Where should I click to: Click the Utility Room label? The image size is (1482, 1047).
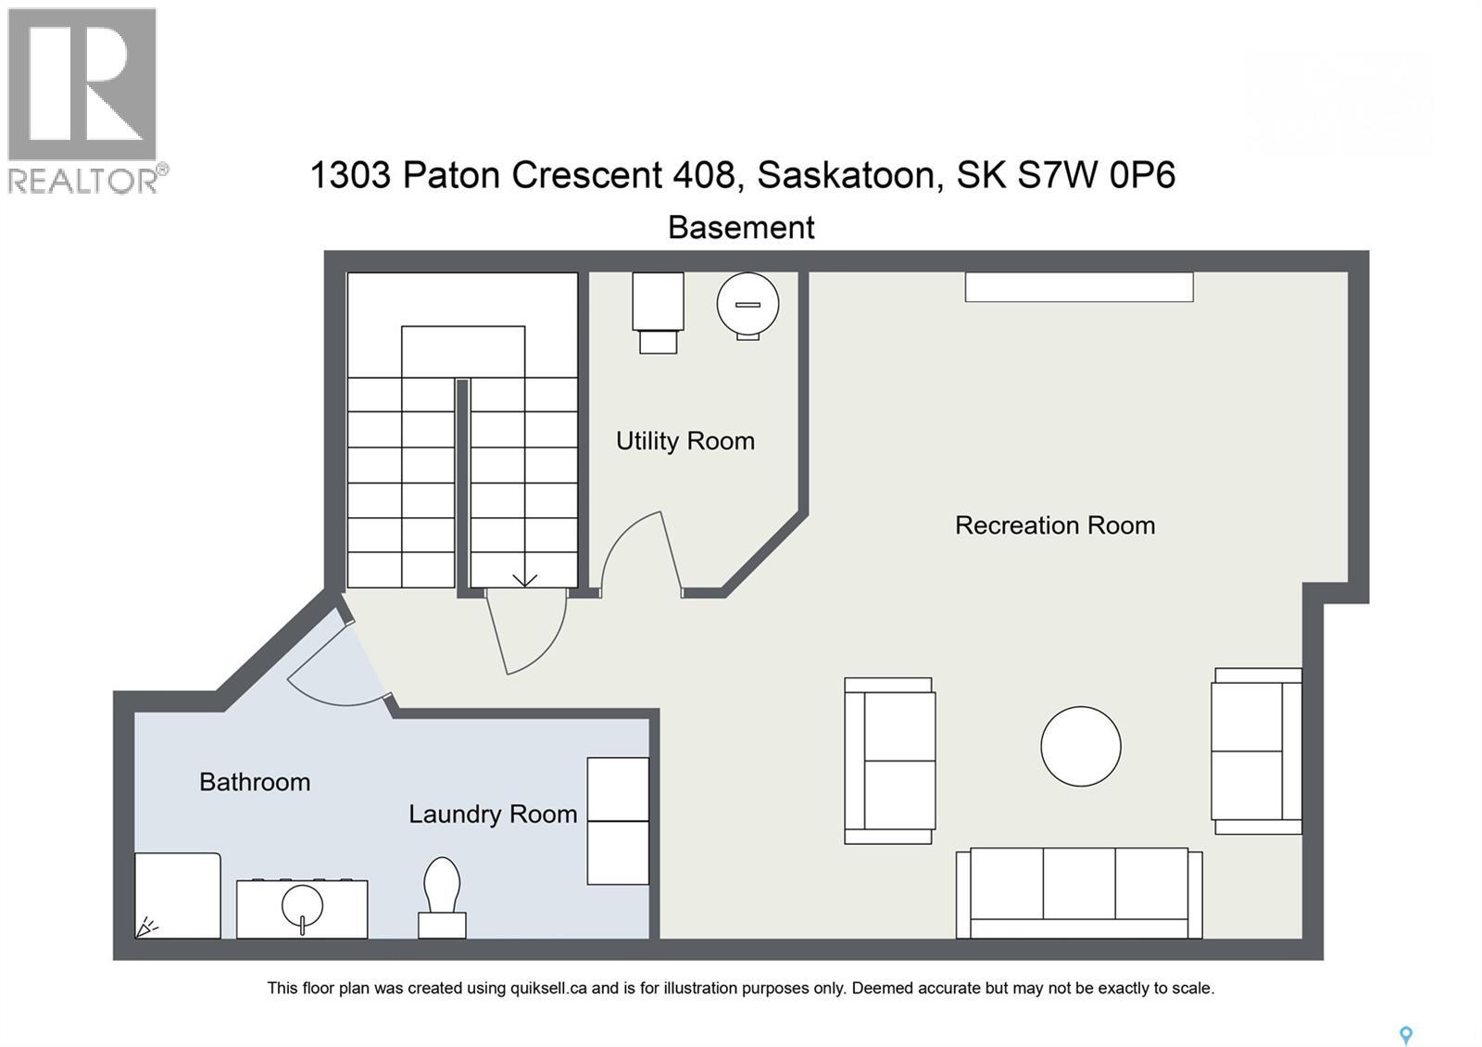[x=685, y=441]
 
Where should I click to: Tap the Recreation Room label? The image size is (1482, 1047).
[x=1055, y=525]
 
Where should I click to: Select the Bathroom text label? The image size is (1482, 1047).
[x=255, y=782]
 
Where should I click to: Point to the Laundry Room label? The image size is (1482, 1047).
[x=493, y=814]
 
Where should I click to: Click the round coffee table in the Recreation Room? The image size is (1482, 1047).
[x=1080, y=747]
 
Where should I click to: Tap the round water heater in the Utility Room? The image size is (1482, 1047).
[x=747, y=304]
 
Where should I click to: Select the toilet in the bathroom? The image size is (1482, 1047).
[x=442, y=897]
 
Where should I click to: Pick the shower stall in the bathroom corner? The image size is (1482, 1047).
[x=178, y=895]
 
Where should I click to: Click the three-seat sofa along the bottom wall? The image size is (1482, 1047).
[x=1079, y=893]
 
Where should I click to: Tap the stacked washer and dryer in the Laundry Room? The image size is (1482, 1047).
[x=618, y=821]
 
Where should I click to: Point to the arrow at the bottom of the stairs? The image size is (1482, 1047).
[x=524, y=580]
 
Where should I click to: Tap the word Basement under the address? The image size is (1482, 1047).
[x=741, y=228]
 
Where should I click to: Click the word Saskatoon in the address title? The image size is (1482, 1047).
[x=846, y=174]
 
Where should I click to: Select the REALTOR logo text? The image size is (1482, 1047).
[x=84, y=179]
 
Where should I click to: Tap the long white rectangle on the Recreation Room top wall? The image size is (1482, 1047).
[x=1079, y=287]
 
